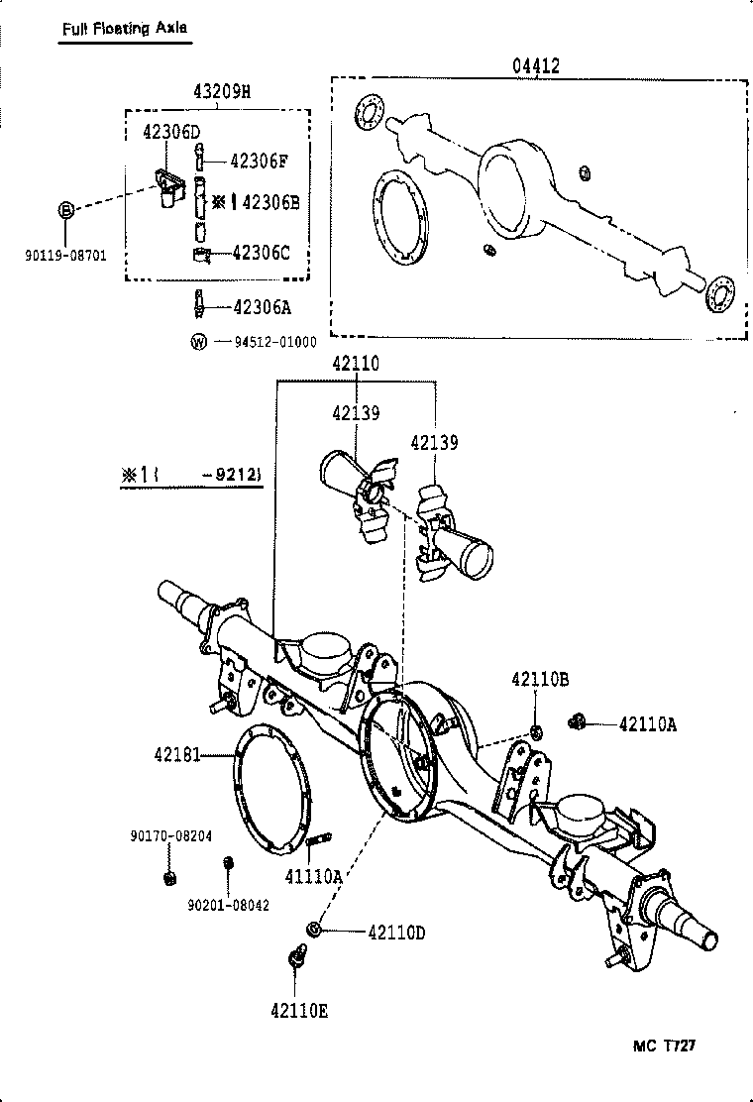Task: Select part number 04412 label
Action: (x=536, y=66)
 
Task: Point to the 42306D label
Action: (x=170, y=132)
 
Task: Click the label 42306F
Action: (x=259, y=161)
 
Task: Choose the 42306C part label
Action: (x=261, y=253)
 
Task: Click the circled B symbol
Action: (x=65, y=210)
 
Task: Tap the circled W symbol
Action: (x=198, y=342)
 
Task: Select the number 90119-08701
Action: (x=66, y=255)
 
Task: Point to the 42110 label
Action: (x=355, y=365)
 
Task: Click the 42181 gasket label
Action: (x=176, y=755)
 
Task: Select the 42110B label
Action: (x=539, y=679)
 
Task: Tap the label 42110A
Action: (x=647, y=724)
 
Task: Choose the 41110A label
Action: (x=312, y=876)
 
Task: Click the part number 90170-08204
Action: (x=170, y=835)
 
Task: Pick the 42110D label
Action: (x=396, y=932)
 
